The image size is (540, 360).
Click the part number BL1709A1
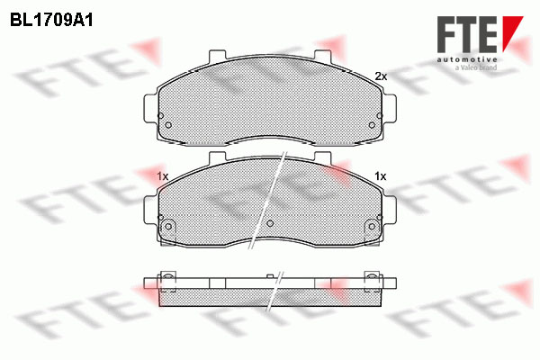tap(51, 21)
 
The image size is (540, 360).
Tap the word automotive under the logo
tap(466, 60)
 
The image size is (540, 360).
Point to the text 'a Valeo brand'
tap(476, 67)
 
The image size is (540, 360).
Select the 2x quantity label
tap(381, 76)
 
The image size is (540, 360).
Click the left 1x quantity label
tap(162, 176)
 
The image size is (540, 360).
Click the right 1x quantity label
tap(380, 176)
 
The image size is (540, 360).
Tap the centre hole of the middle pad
tap(270, 223)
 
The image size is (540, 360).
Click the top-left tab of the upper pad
tap(218, 56)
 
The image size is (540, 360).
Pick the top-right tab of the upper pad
tap(323, 56)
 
